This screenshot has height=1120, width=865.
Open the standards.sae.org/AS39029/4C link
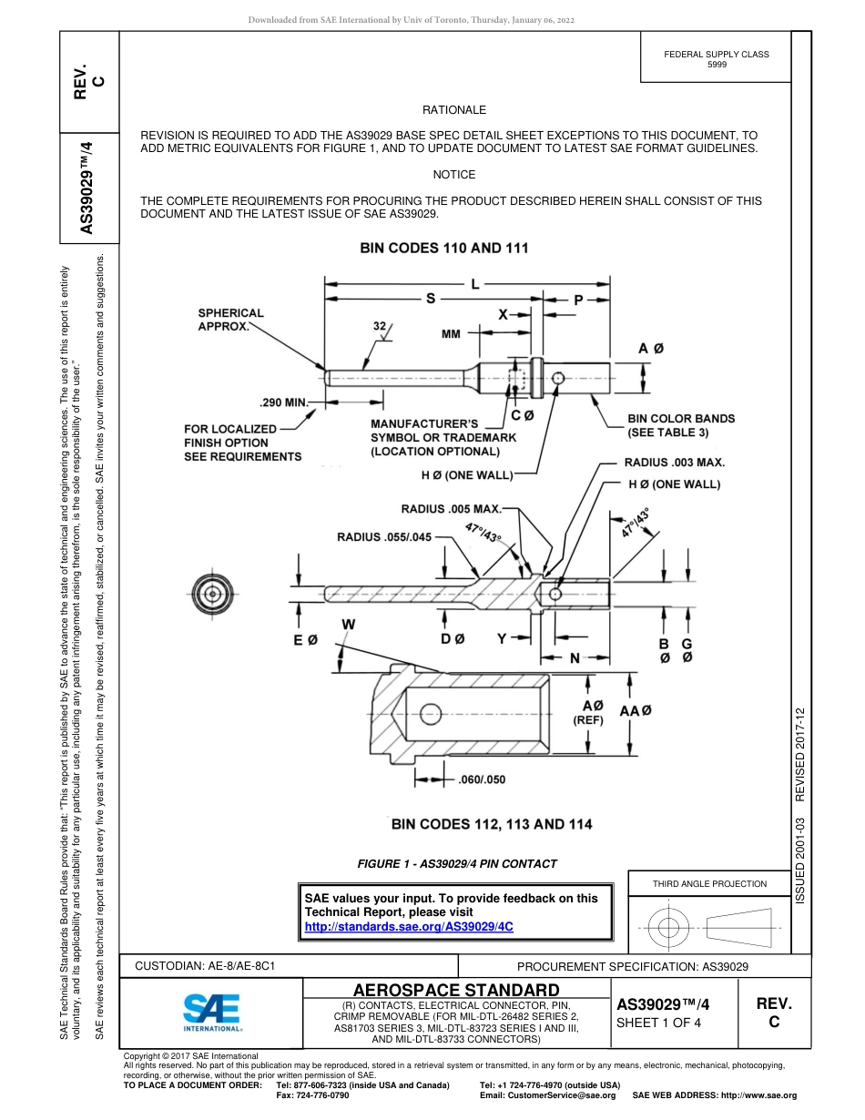(x=409, y=926)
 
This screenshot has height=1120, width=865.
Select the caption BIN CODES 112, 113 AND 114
(x=492, y=824)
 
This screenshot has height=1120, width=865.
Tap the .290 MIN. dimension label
(x=285, y=401)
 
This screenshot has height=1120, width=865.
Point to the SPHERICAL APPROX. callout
(x=230, y=319)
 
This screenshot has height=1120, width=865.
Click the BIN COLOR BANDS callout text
(x=681, y=425)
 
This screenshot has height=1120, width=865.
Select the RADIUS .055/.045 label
(x=384, y=537)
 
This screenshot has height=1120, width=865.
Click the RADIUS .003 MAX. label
(x=674, y=463)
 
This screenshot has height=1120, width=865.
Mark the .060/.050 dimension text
(x=482, y=779)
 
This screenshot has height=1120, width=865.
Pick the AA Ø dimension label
(x=635, y=710)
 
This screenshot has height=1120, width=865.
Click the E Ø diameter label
(x=305, y=640)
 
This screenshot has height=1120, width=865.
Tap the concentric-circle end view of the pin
(x=212, y=595)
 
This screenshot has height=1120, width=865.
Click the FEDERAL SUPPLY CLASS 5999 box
(x=716, y=59)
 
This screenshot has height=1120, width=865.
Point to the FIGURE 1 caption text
(x=457, y=863)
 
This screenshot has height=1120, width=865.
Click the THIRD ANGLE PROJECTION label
(x=709, y=883)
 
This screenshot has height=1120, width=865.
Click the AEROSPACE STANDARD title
(x=456, y=990)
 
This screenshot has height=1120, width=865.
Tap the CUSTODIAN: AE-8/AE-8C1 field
(x=206, y=964)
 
